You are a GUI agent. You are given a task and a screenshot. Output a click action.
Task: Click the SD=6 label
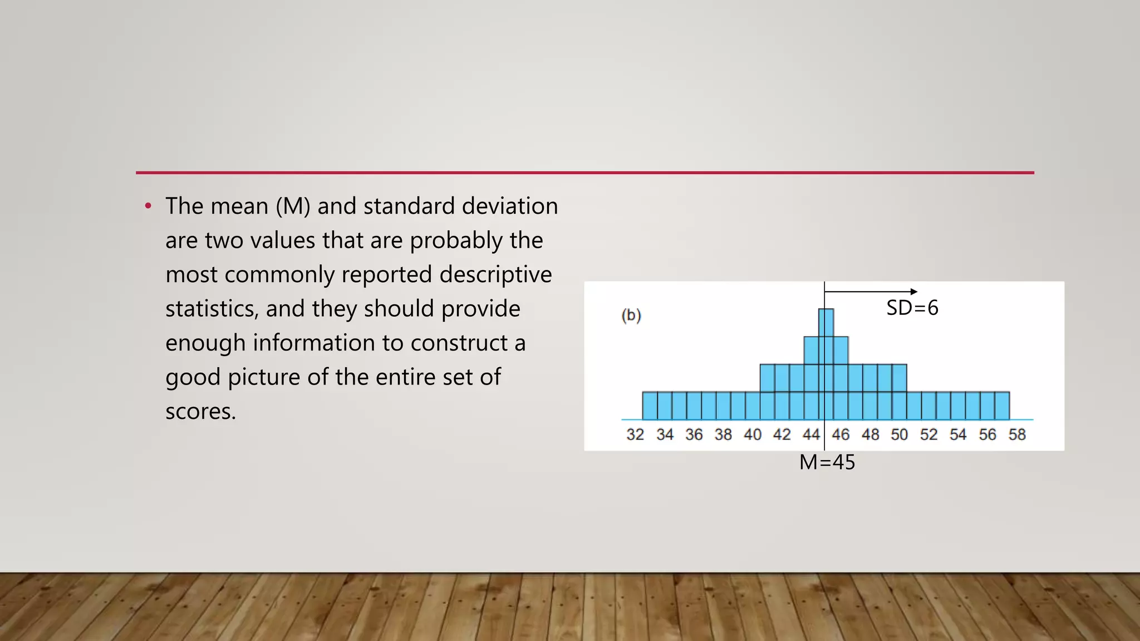[x=912, y=308]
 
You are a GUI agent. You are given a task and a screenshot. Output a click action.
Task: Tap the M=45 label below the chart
[x=827, y=462]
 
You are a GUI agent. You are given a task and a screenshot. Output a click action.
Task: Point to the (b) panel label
[x=631, y=315]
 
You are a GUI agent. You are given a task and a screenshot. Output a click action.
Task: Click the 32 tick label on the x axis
[x=635, y=435]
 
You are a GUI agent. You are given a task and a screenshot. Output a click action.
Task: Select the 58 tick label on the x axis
[x=1017, y=435]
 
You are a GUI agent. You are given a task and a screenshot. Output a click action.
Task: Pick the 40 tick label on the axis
[x=753, y=435]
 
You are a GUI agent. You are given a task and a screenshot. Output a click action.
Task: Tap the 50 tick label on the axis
[x=899, y=435]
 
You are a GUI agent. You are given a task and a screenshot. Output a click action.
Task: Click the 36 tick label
[x=694, y=435]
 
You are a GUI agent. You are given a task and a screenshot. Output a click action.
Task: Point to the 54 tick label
[x=958, y=435]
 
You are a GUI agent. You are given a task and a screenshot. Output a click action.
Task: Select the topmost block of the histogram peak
[x=826, y=323]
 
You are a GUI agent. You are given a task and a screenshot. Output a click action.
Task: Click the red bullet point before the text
[x=148, y=206]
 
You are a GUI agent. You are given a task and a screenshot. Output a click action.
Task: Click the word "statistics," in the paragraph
[x=212, y=309]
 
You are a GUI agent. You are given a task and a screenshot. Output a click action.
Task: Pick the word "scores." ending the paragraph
[x=200, y=412]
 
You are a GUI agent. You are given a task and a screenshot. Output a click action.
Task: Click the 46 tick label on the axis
[x=841, y=435]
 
